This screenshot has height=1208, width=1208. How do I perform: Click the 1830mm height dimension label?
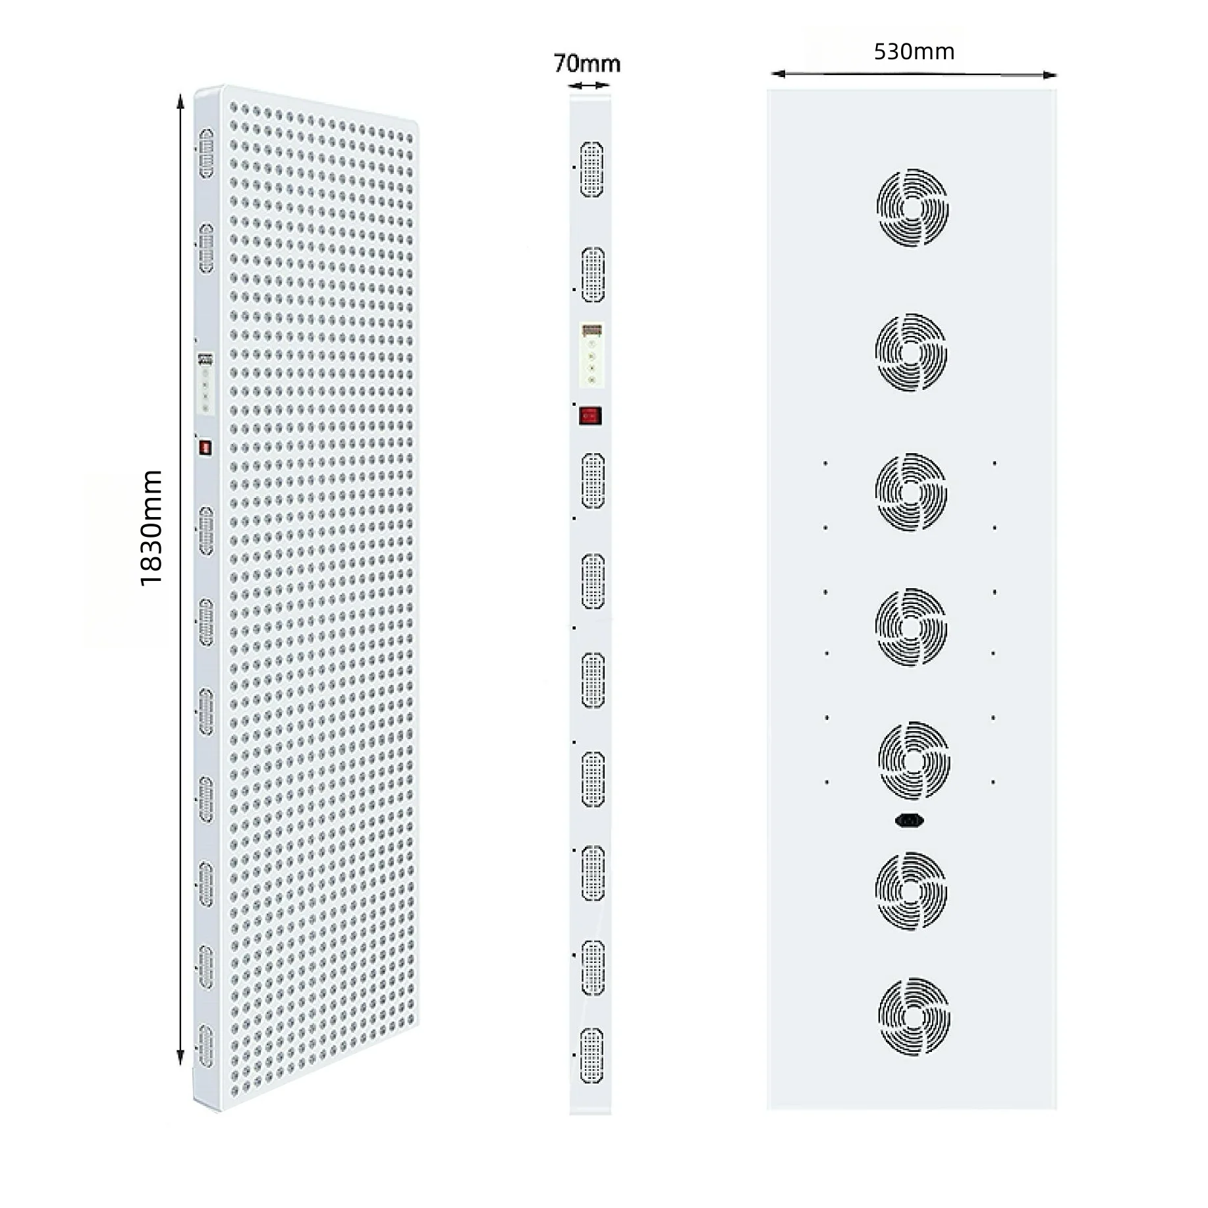[x=151, y=528]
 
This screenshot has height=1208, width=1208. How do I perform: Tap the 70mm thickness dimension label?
[x=587, y=63]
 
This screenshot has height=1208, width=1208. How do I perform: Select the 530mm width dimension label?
[x=914, y=51]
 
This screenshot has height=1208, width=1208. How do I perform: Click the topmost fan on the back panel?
[x=912, y=207]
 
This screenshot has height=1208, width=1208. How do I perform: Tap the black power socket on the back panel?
[x=910, y=820]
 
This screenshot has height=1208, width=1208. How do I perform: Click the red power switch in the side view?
[x=590, y=416]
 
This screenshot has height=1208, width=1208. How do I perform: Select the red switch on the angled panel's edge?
[x=206, y=448]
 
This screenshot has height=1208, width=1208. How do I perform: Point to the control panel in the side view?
[x=591, y=354]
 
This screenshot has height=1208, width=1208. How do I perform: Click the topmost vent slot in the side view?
[x=591, y=169]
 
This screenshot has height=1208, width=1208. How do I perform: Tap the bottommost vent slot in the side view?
[x=591, y=1055]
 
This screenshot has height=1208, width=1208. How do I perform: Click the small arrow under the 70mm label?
[x=589, y=85]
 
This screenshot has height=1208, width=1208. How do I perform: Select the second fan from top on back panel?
[x=911, y=352]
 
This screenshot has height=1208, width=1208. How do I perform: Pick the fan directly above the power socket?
[x=914, y=761]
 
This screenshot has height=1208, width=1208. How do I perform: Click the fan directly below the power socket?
[x=911, y=891]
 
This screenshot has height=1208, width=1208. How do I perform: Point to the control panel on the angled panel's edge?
[x=206, y=384]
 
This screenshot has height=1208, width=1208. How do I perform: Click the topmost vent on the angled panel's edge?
[x=206, y=153]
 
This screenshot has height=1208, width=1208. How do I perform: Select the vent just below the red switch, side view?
[x=593, y=481]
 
